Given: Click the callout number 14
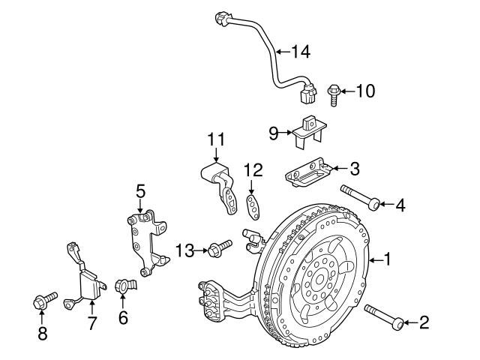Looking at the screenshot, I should pos(300,52).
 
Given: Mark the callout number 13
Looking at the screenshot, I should pos(183,248).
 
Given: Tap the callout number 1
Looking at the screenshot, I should pos(387,260).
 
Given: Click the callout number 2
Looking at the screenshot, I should pos(424,323).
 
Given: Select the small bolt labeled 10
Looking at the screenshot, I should pos(333,94).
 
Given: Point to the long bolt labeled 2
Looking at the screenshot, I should pos(382,316).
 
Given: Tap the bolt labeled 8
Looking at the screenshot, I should pos(43,301).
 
